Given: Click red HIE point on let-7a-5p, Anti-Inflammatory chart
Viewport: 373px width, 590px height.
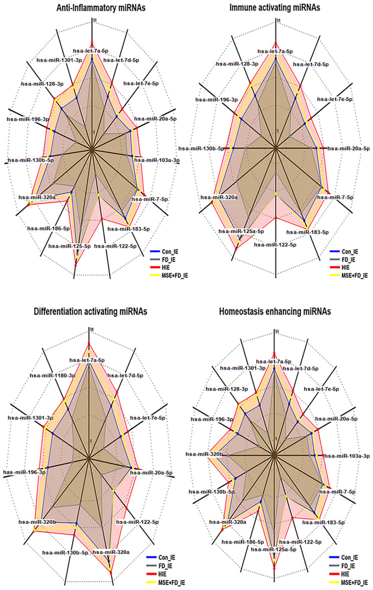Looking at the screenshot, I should (x=92, y=43).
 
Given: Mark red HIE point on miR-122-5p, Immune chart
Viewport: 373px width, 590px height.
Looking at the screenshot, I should (x=276, y=218).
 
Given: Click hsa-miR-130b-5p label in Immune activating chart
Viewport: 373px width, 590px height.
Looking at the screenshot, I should (x=199, y=148).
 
